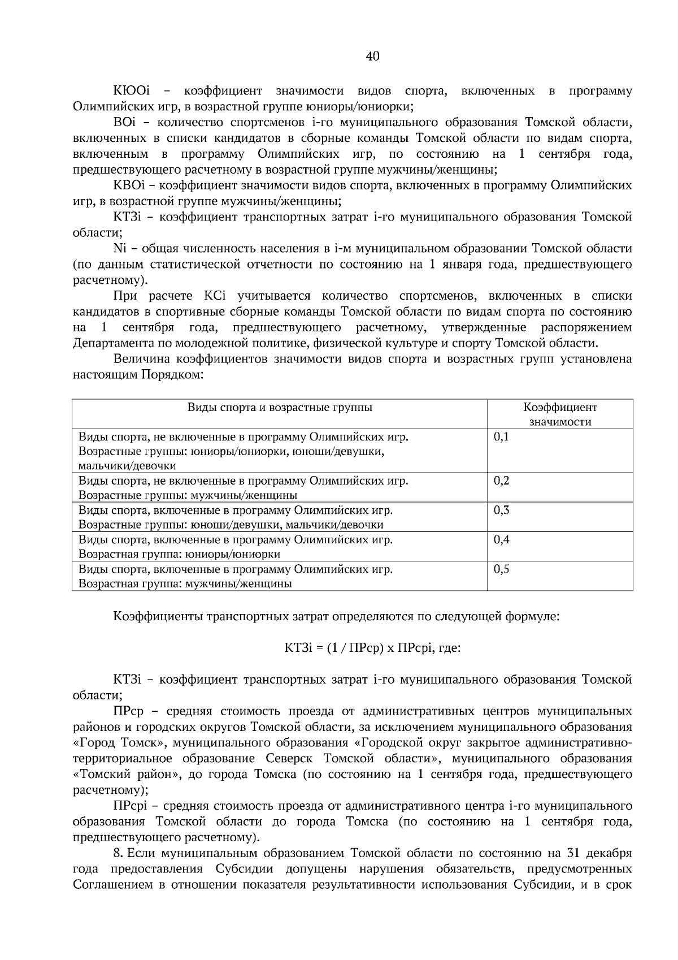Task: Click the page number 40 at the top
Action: [x=373, y=56]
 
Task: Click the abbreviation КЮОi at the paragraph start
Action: [x=131, y=90]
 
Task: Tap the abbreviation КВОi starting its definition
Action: [x=130, y=185]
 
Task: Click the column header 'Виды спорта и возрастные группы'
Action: [x=280, y=407]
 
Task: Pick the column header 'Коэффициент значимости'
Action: [x=559, y=414]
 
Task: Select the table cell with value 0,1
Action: [x=501, y=436]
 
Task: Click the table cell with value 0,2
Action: [x=501, y=481]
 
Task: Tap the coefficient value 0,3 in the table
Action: [x=501, y=510]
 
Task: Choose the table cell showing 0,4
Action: [x=501, y=539]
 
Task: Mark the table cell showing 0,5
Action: [x=501, y=569]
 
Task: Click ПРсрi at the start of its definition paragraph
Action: [x=130, y=805]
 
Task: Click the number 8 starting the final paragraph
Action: [x=117, y=853]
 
